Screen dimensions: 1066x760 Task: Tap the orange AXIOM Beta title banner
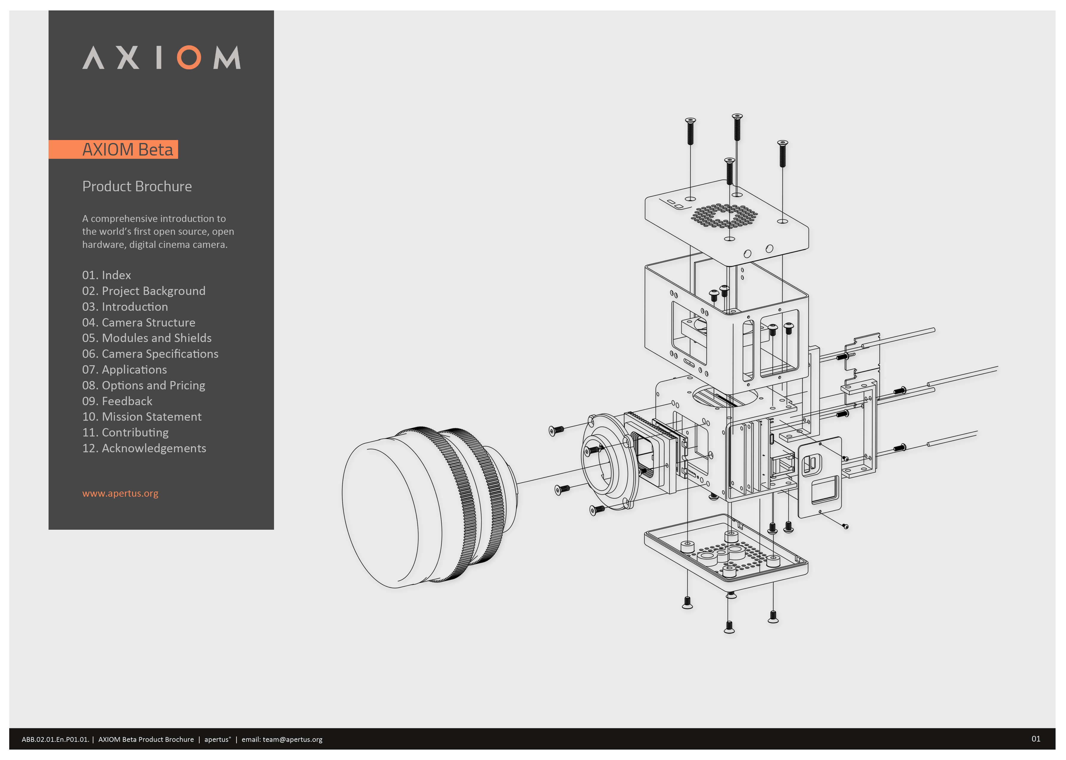(113, 149)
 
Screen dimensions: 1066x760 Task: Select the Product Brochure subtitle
(137, 186)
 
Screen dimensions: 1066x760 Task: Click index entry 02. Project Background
(144, 291)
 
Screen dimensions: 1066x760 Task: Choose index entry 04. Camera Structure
(138, 322)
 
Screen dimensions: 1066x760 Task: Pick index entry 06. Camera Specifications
(150, 354)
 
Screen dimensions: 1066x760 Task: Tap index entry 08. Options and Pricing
(144, 385)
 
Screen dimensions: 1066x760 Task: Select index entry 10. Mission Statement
(142, 416)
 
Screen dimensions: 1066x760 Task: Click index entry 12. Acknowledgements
(144, 448)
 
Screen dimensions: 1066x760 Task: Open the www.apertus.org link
(120, 493)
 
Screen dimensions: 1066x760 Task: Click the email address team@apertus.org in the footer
(292, 740)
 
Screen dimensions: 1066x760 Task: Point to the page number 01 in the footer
(1036, 739)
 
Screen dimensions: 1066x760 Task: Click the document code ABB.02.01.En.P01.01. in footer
(55, 740)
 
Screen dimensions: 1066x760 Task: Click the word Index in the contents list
(116, 275)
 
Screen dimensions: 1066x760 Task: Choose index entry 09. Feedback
(117, 401)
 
